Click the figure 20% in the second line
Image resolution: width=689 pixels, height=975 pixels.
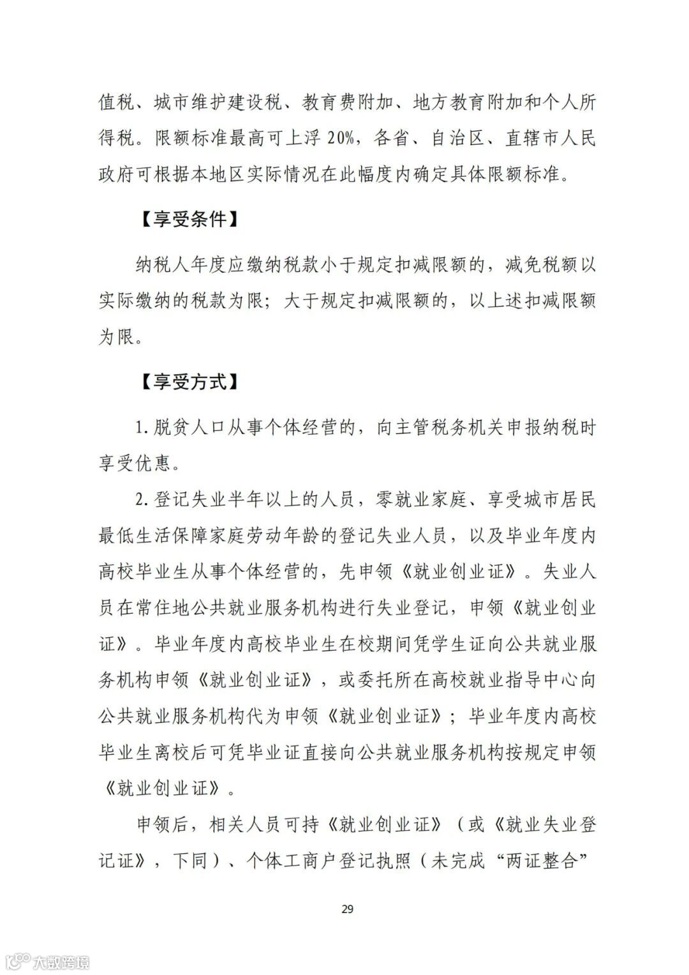[x=332, y=138]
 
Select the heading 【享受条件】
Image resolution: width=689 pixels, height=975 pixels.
[x=189, y=220]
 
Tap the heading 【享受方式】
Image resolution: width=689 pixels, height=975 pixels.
[x=189, y=382]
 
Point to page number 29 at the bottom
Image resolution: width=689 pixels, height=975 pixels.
[x=347, y=909]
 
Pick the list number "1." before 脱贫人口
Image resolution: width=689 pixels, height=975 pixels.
[x=143, y=427]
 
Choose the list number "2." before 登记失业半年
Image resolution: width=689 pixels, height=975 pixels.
[x=143, y=499]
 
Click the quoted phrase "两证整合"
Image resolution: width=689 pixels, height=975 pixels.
[x=541, y=861]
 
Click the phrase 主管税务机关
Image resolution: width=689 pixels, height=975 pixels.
[x=449, y=427]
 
